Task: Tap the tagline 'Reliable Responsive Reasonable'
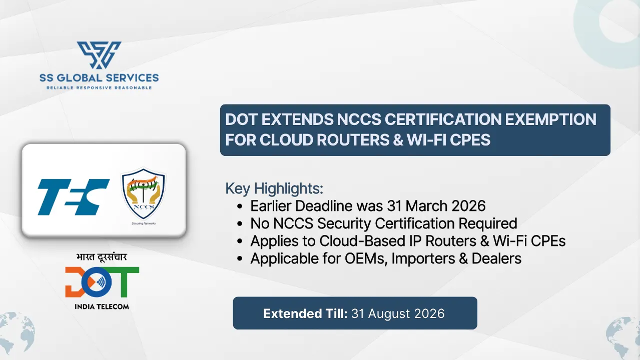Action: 99,87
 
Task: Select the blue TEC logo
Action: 74,196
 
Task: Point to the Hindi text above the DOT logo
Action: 102,257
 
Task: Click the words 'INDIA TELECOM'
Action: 102,306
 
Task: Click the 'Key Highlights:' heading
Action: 274,188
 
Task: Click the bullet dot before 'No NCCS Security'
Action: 241,223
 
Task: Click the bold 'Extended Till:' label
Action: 305,313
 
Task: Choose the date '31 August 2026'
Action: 398,313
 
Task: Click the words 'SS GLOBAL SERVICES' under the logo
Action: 99,77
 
